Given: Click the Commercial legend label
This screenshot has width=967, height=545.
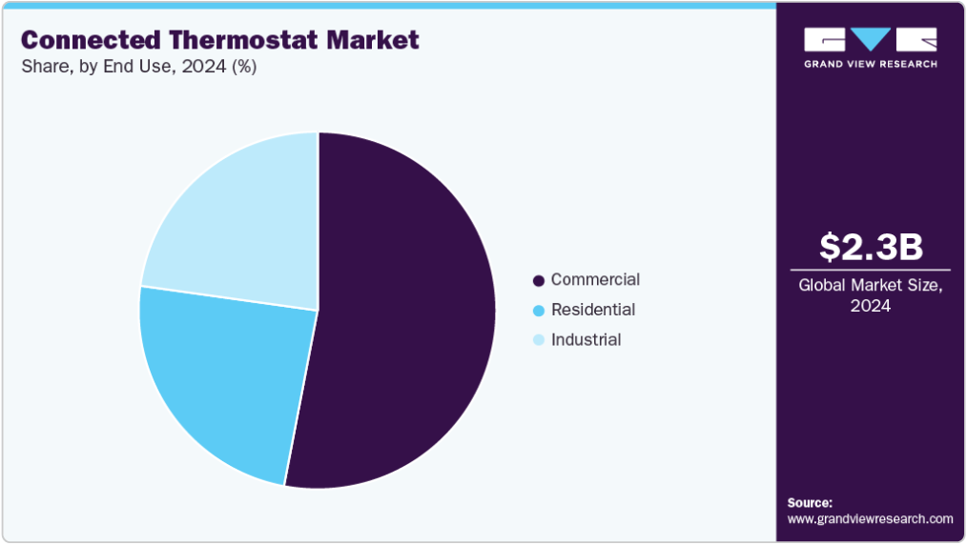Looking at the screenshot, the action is (595, 279).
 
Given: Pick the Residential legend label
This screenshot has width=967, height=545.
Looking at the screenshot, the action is (592, 310).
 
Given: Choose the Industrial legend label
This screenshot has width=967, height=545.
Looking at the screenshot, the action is (586, 340).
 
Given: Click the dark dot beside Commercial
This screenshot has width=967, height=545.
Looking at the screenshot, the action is (539, 281).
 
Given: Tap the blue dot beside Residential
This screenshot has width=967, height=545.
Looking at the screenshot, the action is (539, 311).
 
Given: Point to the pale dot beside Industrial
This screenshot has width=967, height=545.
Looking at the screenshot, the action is (539, 340).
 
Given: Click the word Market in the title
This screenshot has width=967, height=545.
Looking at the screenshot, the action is (373, 40).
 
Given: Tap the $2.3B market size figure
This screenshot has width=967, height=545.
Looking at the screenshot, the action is (871, 247).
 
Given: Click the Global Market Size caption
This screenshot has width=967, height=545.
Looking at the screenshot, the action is (870, 295).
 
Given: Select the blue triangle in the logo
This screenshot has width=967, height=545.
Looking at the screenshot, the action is (870, 39).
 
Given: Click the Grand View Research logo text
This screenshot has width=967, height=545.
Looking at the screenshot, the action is (870, 64).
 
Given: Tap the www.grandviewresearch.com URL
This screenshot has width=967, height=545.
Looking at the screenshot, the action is (870, 519).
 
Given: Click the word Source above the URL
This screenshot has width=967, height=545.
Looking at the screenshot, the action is (810, 502).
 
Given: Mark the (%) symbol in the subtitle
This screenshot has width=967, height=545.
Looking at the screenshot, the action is (244, 67).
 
